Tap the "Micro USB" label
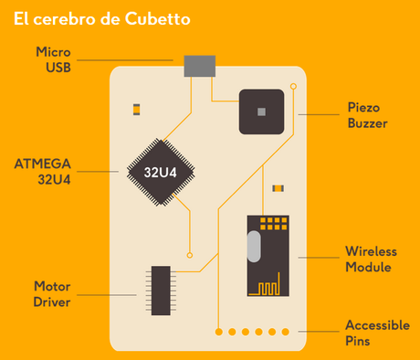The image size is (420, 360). point(54,58)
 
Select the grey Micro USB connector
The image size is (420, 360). point(200,67)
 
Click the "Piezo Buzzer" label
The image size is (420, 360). point(368,114)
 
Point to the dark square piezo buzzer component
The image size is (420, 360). point(262,111)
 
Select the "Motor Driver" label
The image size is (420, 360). point(52,293)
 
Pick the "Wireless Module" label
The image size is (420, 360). point(368,259)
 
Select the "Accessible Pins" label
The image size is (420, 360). point(370,333)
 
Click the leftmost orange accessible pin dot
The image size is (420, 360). point(218,332)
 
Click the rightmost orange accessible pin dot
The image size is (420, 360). point(286,332)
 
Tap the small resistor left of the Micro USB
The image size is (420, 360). point(136,109)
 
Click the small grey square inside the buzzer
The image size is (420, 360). point(262,111)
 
